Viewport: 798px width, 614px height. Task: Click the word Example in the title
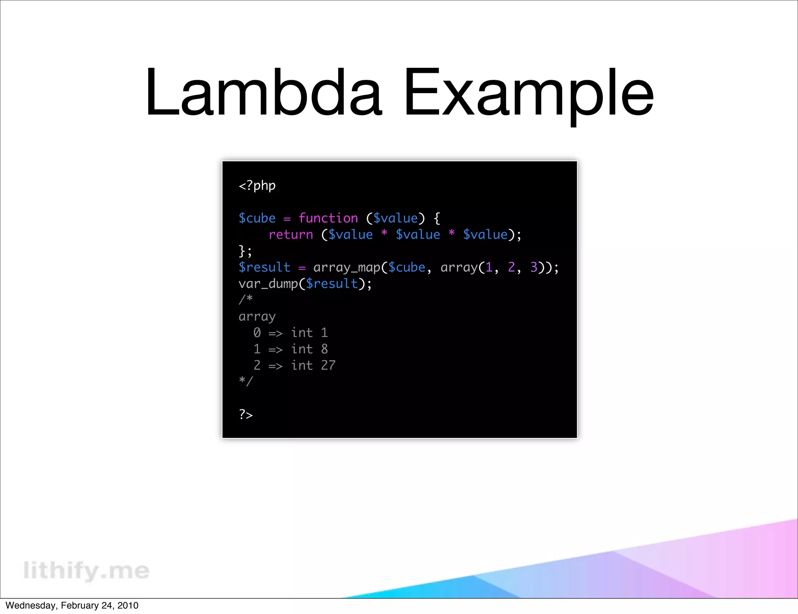coord(528,94)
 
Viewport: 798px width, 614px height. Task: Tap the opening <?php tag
coord(257,186)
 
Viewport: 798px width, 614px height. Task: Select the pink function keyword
coord(328,218)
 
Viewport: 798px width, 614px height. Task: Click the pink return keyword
coord(291,235)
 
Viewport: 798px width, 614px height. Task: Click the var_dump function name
coord(268,284)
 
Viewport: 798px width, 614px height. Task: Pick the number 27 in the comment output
coord(328,365)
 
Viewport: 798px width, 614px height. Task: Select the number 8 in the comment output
coord(324,349)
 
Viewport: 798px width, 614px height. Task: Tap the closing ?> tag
coord(246,415)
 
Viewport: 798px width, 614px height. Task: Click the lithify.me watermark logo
coord(86,570)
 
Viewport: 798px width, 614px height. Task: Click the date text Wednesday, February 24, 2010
coord(72,605)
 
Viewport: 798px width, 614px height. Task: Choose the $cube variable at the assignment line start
coord(257,218)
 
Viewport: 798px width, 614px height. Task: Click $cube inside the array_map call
coord(407,268)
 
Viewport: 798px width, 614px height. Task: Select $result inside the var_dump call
coord(332,284)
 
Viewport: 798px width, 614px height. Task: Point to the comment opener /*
coord(246,300)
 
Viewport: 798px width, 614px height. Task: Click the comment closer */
coord(246,381)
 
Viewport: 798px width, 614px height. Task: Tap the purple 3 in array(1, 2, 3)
coord(533,267)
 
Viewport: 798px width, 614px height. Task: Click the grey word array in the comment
coord(257,317)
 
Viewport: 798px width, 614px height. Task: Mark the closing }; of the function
coord(245,251)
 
